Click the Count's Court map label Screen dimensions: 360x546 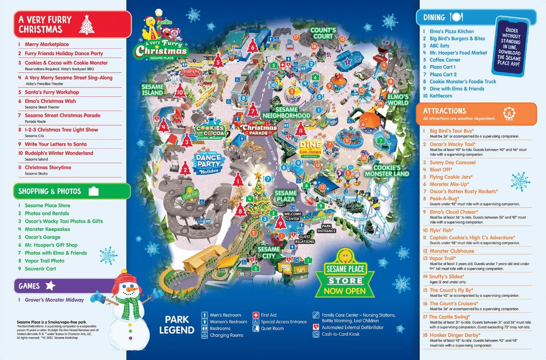click(323, 33)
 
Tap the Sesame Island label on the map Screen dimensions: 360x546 click(152, 90)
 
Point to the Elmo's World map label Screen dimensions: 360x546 click(398, 99)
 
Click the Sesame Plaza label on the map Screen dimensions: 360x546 click(285, 196)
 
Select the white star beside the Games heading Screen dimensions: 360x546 click(50, 285)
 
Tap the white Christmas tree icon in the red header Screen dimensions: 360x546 click(87, 24)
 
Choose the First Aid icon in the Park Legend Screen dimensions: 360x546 click(256, 315)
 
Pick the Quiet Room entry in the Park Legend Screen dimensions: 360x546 click(272, 328)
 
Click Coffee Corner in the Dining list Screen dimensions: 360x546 click(445, 60)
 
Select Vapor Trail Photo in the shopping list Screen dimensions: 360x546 click(44, 261)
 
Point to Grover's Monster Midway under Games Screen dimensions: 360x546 click(54, 300)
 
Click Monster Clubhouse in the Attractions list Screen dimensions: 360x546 click(452, 251)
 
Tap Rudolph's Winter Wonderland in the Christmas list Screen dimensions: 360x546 click(59, 153)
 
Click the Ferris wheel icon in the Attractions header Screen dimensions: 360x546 click(509, 113)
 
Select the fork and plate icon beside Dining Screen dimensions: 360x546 click(456, 17)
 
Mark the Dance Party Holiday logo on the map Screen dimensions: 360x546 click(208, 162)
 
